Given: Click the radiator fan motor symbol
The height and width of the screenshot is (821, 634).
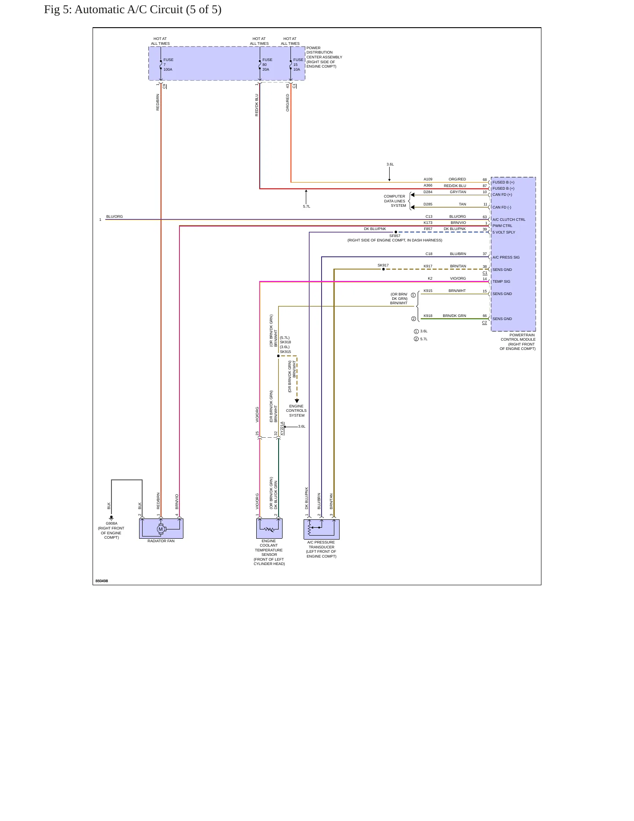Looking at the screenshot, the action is pos(161,529).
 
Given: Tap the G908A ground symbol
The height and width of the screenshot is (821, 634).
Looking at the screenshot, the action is pos(111,518).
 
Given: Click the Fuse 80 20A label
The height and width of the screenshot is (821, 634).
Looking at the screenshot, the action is pos(267,65).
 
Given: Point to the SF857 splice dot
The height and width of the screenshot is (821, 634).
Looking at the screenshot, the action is pos(396,232).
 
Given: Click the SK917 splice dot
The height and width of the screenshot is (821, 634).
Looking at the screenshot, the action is pos(383,269).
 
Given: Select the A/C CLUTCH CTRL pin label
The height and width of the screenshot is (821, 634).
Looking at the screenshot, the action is pos(509,220).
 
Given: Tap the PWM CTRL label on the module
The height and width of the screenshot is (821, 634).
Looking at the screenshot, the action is pos(502,226).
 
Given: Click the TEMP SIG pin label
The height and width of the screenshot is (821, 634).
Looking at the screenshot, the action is pos(501,281).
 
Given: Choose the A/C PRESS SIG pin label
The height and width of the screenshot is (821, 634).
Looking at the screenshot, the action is pos(506,257).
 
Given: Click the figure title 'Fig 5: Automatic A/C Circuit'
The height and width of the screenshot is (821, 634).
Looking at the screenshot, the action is pos(133,10).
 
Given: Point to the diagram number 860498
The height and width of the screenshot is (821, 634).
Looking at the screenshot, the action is pos(102,581).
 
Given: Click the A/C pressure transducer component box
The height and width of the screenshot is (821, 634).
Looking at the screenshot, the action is pos(322,529).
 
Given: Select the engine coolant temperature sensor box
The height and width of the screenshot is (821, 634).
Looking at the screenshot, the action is pos(269,529).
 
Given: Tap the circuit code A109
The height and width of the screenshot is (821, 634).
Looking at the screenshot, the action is pos(428,179).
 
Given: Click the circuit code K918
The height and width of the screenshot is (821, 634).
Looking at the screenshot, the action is pos(428,316).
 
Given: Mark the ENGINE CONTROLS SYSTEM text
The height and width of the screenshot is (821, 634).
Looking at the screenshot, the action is pos(297,410).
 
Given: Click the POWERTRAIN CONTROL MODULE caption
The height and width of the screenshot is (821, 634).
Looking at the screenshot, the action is pos(518,342).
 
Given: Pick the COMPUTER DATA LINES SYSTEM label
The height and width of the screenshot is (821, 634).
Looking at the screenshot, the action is pos(395,201).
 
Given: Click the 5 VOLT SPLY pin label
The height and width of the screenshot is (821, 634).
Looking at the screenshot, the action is pos(504,232).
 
